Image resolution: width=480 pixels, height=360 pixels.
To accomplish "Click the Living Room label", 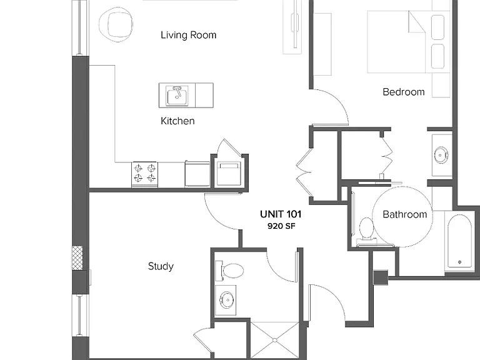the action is point(188,35).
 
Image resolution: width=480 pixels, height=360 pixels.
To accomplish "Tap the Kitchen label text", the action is point(177,121).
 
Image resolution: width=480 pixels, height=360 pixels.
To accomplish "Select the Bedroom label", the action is point(404,92).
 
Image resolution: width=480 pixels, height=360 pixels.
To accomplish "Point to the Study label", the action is point(161,266).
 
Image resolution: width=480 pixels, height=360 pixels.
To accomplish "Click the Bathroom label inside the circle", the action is point(405,214).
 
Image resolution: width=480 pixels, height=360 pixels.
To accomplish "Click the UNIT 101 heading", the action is point(281,214).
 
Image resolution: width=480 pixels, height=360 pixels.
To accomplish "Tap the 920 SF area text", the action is point(281,226).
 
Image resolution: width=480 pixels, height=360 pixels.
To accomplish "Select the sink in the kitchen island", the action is point(177,96).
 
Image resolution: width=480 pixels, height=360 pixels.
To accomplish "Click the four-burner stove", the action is point(145,174).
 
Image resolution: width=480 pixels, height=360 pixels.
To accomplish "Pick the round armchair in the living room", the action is point(116,24).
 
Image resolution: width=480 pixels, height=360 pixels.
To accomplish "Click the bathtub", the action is point(459,241).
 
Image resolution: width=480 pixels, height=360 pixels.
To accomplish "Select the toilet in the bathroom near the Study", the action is point(229,271).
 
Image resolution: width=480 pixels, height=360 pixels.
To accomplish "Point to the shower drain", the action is point(274,340).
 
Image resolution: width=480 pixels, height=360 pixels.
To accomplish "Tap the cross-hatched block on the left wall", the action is point(77,258).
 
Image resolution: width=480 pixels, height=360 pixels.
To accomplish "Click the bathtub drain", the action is point(459,262).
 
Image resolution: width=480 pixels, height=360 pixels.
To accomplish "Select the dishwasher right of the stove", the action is point(197,174).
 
